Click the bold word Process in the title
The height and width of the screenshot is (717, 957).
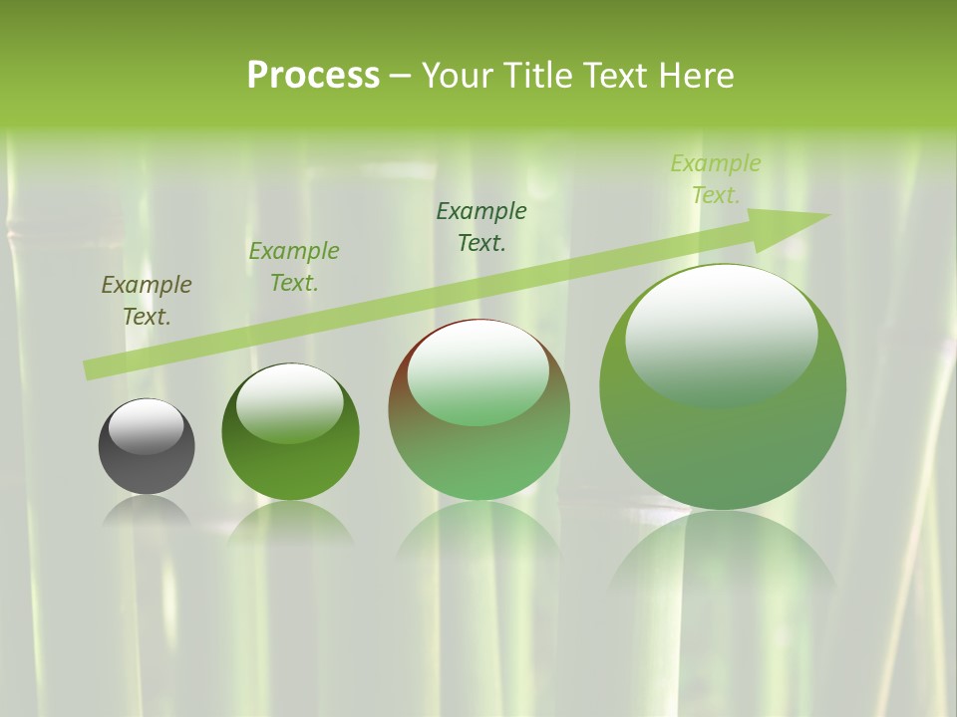[x=313, y=76]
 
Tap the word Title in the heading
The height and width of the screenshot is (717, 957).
[x=536, y=76]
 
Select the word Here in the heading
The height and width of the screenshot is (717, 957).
[x=697, y=76]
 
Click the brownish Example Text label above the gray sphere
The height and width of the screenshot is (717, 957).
[x=147, y=301]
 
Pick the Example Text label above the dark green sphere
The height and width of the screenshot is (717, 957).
[x=294, y=267]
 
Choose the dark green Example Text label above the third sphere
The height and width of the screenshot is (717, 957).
[x=481, y=226]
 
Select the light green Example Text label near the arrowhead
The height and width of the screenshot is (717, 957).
[x=716, y=179]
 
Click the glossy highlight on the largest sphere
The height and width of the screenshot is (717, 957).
[x=722, y=334]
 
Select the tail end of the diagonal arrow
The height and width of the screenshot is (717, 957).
[x=90, y=370]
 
